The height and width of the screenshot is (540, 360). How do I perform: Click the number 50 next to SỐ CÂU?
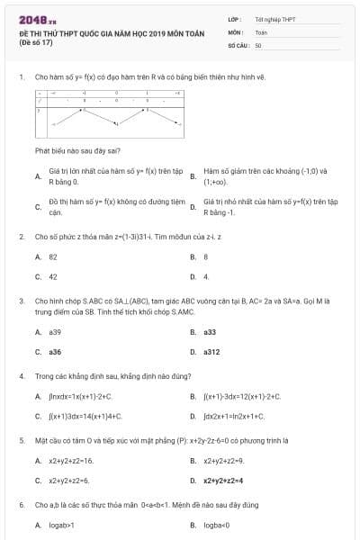(x=258, y=44)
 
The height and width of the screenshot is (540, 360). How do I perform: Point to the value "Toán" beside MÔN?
(x=261, y=31)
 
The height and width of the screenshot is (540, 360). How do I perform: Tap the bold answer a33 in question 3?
(x=210, y=332)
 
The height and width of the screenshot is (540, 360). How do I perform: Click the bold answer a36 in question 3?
(x=55, y=352)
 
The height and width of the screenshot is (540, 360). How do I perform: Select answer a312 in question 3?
(x=211, y=352)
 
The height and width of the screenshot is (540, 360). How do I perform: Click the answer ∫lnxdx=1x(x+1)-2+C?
(x=80, y=396)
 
